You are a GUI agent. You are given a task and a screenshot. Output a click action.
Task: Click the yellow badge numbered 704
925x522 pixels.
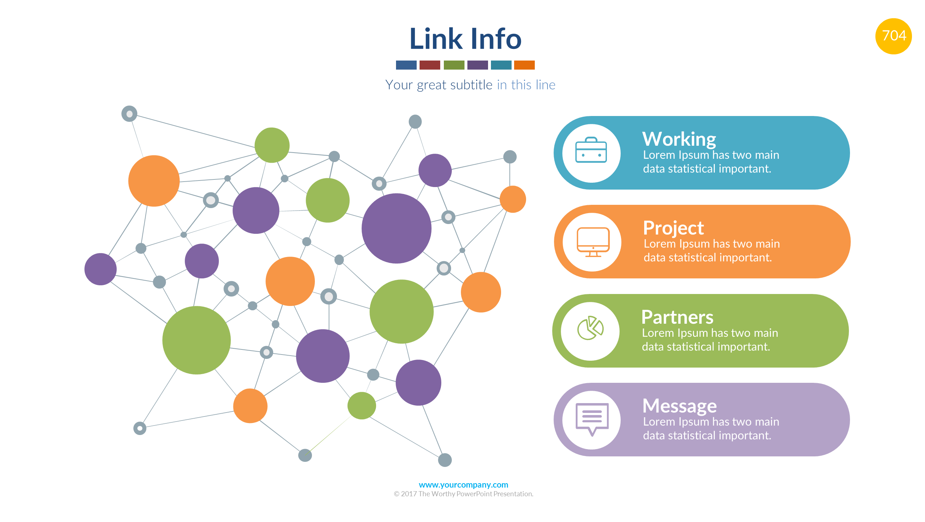click(893, 36)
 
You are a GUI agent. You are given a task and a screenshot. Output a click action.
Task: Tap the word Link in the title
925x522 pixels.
click(436, 39)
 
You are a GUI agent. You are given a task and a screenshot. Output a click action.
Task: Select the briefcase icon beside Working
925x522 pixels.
click(591, 150)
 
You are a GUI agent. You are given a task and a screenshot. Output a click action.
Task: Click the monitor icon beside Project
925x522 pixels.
click(593, 242)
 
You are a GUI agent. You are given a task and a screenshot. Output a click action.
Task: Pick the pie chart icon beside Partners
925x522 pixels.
click(590, 328)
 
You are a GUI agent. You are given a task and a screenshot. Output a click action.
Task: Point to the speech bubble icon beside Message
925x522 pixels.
click(592, 419)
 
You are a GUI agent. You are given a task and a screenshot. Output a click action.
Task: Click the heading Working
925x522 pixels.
click(679, 139)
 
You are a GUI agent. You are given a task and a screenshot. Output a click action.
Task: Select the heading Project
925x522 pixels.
click(673, 228)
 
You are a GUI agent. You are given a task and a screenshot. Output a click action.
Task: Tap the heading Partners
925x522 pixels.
click(677, 317)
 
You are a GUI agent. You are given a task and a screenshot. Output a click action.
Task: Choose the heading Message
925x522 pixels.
click(679, 406)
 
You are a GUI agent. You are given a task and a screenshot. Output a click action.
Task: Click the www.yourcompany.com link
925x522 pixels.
click(463, 485)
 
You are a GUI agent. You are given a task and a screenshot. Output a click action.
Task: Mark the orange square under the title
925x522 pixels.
click(524, 65)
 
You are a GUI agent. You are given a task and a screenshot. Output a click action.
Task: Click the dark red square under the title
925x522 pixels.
click(429, 65)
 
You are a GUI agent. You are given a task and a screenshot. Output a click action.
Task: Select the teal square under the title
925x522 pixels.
click(501, 65)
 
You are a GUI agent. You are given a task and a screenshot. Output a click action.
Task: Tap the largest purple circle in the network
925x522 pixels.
click(396, 228)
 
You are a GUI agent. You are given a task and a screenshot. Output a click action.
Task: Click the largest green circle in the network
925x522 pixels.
click(196, 340)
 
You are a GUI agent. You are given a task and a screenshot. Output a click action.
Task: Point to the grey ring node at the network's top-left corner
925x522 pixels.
click(129, 114)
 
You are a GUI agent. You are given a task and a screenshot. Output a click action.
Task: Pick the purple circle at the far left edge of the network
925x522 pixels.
click(100, 269)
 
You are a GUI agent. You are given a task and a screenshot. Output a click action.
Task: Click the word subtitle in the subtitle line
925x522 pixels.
click(471, 85)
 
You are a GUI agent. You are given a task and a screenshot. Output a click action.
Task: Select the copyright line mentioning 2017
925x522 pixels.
click(463, 494)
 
